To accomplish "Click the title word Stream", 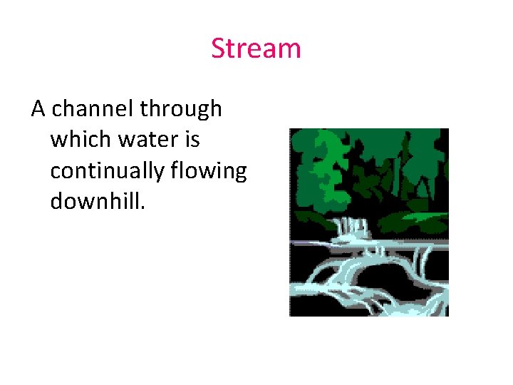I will [256, 48].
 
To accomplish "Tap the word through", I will [181, 109].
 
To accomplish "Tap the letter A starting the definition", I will [38, 109].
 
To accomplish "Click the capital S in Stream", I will [218, 48].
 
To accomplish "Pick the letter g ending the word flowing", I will [239, 174].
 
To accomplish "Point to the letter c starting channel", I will [57, 111].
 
